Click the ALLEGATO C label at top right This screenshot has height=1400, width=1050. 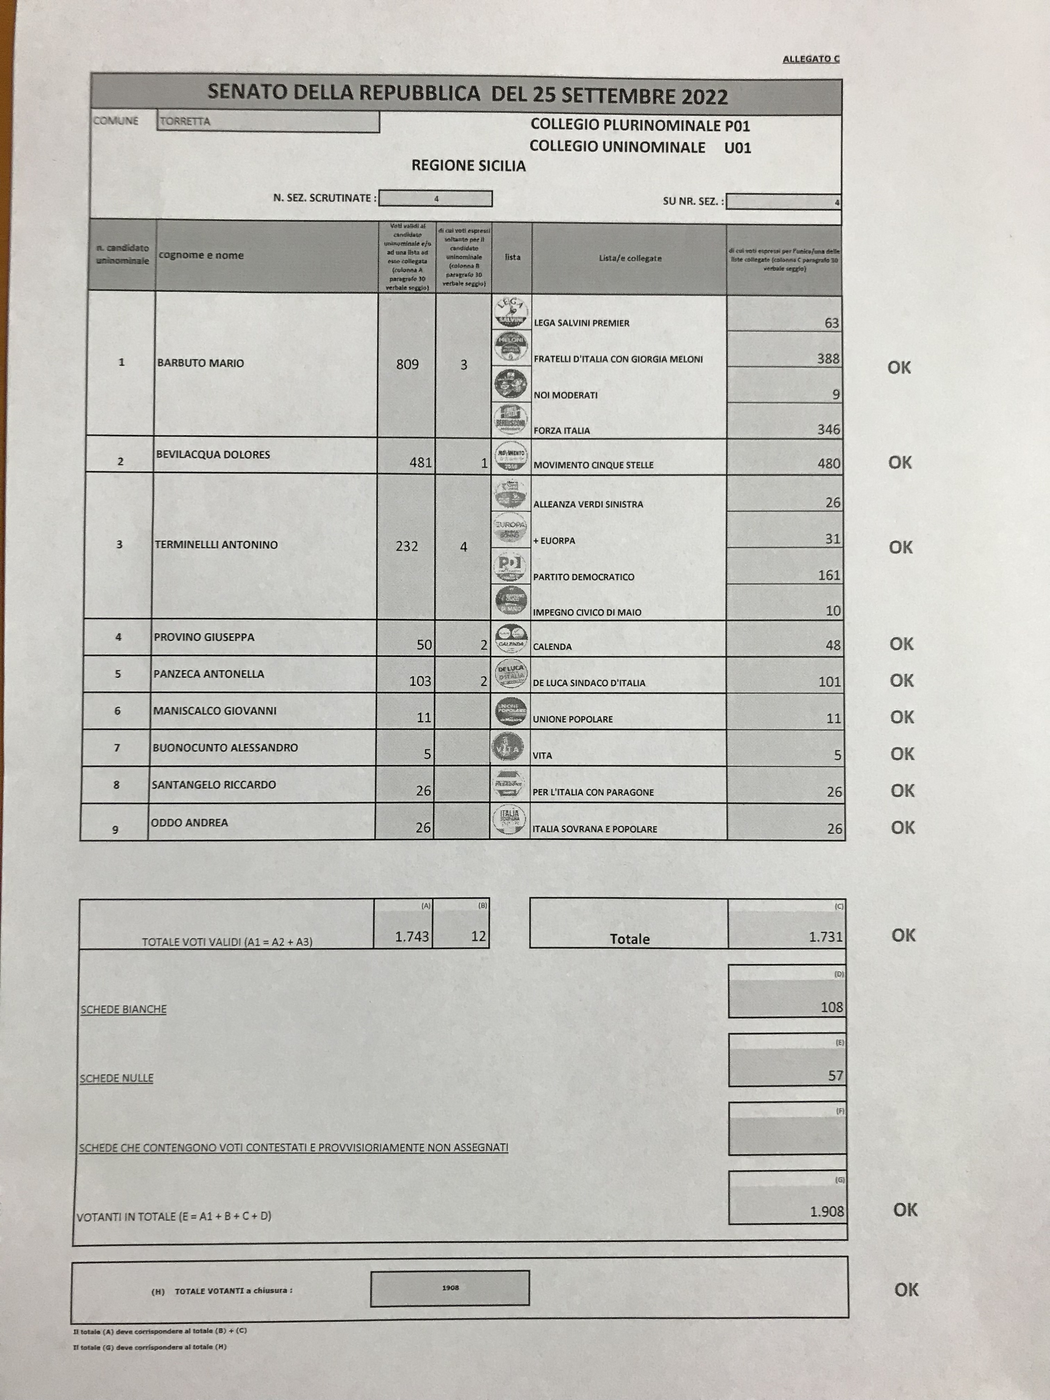coord(811,59)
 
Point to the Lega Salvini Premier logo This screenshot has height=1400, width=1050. coord(511,312)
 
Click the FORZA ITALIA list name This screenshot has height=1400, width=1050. coord(561,430)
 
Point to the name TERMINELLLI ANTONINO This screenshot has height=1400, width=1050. coord(216,544)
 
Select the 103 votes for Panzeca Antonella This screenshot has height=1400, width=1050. coord(420,681)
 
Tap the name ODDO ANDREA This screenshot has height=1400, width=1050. coord(189,822)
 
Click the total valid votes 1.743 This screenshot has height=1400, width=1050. coord(412,936)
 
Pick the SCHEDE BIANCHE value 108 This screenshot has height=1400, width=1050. coord(832,1007)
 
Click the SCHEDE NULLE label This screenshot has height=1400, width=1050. coord(116,1078)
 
